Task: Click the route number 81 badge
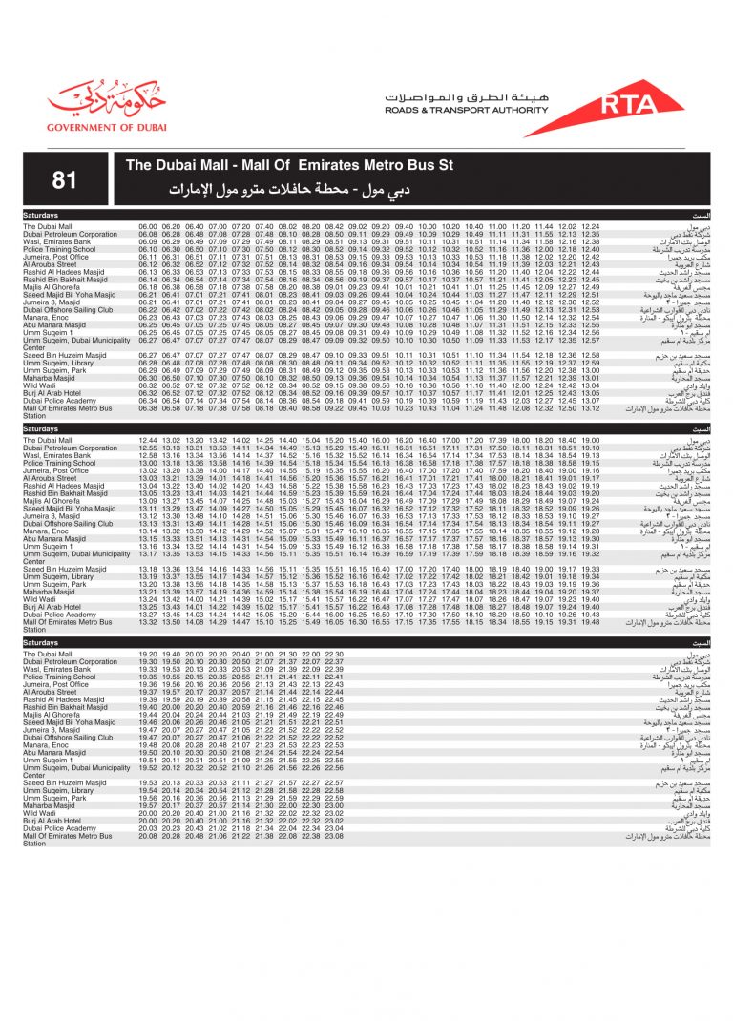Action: [65, 178]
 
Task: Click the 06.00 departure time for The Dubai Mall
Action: [147, 226]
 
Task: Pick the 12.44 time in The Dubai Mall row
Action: [147, 440]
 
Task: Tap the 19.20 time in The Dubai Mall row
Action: [147, 654]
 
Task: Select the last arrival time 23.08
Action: [333, 836]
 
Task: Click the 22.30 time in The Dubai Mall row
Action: [333, 654]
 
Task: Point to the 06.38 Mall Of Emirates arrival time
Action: [147, 408]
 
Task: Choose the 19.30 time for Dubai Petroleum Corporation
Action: [170, 661]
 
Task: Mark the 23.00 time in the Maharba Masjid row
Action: [333, 805]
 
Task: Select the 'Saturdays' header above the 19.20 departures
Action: [41, 643]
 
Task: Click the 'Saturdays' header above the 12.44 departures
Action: [41, 429]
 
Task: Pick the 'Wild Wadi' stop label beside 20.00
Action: [40, 813]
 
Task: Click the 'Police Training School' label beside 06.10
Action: [60, 249]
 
